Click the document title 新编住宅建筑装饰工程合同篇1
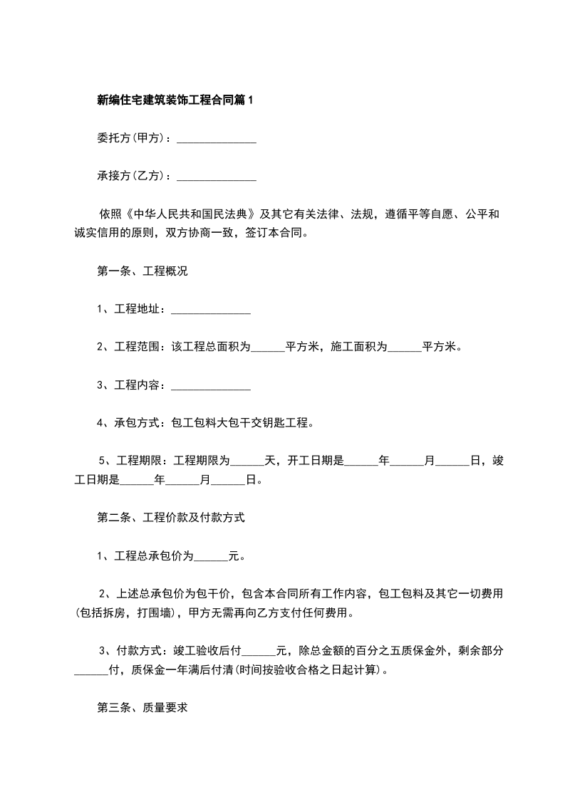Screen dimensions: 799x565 tap(175, 100)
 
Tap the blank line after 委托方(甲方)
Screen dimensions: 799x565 tap(216, 140)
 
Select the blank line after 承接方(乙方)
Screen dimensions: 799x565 tap(216, 177)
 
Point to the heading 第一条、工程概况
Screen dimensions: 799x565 tap(142, 271)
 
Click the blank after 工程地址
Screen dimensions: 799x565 tap(211, 310)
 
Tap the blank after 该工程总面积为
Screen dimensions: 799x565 tap(268, 348)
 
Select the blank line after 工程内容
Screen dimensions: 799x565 tap(211, 386)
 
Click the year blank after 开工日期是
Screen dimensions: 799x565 tap(361, 461)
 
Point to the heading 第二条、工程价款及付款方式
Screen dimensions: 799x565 tap(170, 518)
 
